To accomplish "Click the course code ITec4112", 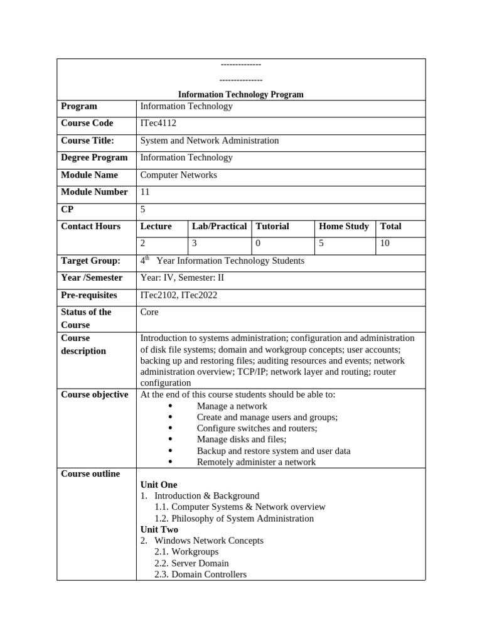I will pyautogui.click(x=158, y=123).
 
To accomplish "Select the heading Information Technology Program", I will pyautogui.click(x=241, y=94).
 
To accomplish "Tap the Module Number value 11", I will pyautogui.click(x=145, y=192).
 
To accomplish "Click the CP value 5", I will pyautogui.click(x=143, y=209).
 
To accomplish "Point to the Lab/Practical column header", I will pyautogui.click(x=219, y=226).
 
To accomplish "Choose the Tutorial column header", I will pyautogui.click(x=272, y=226).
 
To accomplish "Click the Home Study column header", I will pyautogui.click(x=344, y=226).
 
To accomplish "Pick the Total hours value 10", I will pyautogui.click(x=385, y=243).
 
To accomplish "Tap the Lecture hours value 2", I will pyautogui.click(x=143, y=243).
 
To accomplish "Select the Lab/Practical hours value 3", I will pyautogui.click(x=195, y=243).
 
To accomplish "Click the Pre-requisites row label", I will pyautogui.click(x=89, y=294).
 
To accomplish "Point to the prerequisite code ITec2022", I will pyautogui.click(x=199, y=294).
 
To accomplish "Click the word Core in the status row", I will pyautogui.click(x=149, y=312).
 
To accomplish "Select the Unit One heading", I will pyautogui.click(x=159, y=485).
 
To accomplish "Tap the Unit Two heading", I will pyautogui.click(x=159, y=529).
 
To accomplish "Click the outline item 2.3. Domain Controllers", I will pyautogui.click(x=200, y=575).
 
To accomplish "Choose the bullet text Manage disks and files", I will pyautogui.click(x=242, y=440).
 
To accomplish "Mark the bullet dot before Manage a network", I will pyautogui.click(x=170, y=406).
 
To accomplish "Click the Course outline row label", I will pyautogui.click(x=90, y=473).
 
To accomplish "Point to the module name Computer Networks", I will pyautogui.click(x=179, y=175).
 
